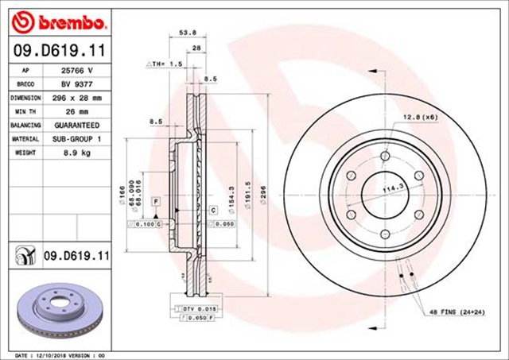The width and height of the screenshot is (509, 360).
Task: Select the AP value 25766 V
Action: (x=76, y=70)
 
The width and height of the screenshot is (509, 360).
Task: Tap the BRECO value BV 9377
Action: (x=76, y=83)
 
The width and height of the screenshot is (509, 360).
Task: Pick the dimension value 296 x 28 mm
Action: (x=76, y=98)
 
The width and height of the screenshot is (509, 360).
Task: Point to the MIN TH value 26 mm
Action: (x=76, y=111)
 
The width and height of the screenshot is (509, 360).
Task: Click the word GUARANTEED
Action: (x=76, y=126)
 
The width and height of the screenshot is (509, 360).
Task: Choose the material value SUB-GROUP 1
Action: (x=76, y=139)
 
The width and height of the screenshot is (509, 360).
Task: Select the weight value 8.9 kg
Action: (x=76, y=153)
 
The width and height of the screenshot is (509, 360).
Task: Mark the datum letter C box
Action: (x=214, y=210)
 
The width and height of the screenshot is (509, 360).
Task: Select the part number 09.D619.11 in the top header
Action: (x=57, y=49)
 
